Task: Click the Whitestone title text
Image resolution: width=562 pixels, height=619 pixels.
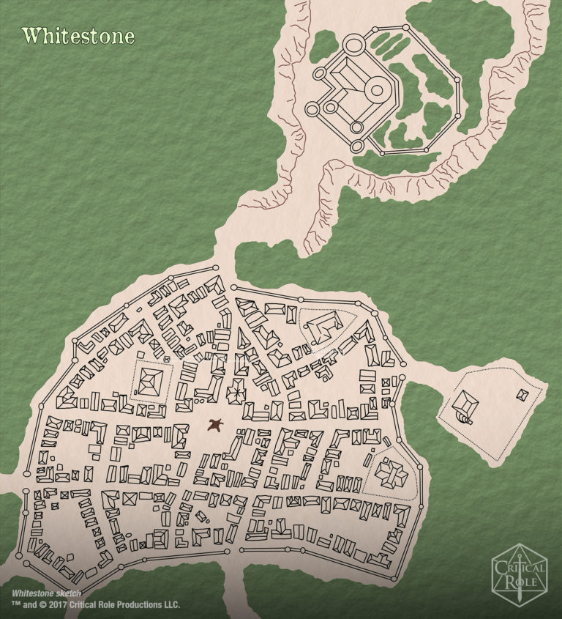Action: tap(78, 36)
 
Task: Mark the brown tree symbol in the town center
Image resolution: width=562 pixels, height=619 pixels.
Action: tap(215, 424)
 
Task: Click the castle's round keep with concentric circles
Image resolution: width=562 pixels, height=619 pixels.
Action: tap(377, 90)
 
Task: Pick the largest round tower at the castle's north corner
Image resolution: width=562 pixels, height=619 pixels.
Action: tap(353, 45)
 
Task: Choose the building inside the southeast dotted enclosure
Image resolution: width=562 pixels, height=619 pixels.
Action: tap(389, 474)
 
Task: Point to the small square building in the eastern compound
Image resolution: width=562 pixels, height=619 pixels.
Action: tap(522, 395)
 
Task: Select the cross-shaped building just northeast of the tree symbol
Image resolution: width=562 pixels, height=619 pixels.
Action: tap(236, 393)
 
